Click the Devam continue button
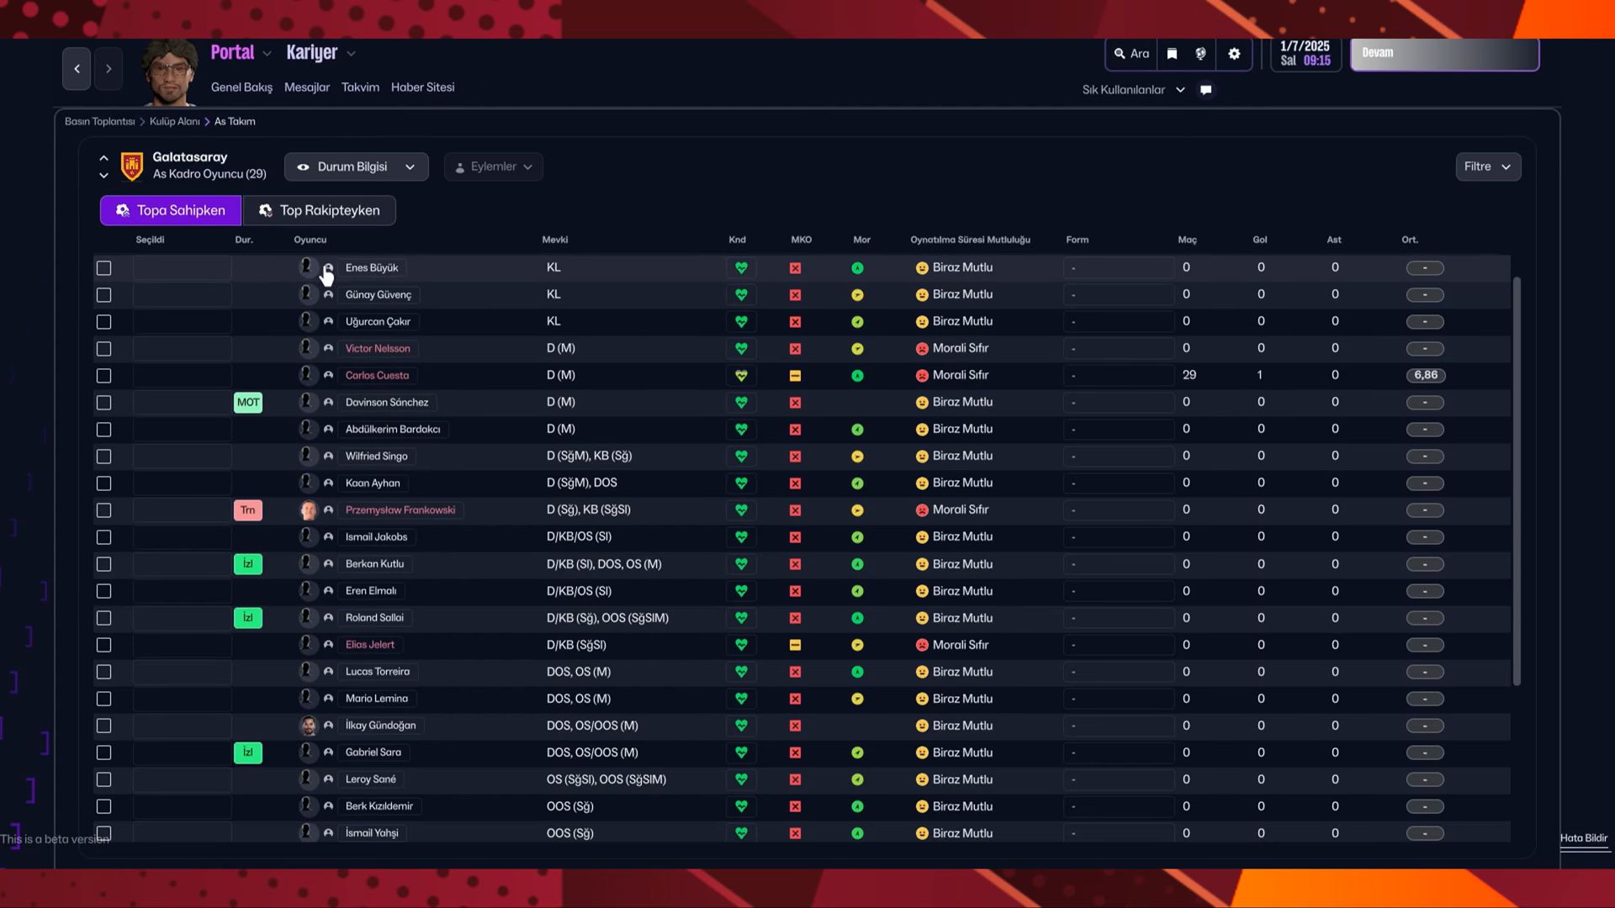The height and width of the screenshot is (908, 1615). tap(1443, 54)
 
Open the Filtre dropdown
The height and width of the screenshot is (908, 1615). tap(1487, 166)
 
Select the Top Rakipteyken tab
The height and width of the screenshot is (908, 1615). tap(320, 210)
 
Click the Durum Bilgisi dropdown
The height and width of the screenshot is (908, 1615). tap(356, 166)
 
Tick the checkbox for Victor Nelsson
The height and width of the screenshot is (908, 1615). tap(103, 349)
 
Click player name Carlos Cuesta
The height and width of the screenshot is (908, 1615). tap(377, 376)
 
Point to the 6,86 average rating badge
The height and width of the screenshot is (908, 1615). tap(1425, 376)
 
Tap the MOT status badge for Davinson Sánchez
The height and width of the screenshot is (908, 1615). tap(247, 403)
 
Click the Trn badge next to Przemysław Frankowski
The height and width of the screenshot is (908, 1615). tap(247, 510)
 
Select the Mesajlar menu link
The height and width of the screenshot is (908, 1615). tap(306, 87)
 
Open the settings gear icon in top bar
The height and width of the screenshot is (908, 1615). tap(1234, 54)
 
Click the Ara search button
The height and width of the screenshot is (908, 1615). tap(1131, 54)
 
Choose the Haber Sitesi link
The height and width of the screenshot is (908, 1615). tap(422, 87)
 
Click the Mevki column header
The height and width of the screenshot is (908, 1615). tap(554, 240)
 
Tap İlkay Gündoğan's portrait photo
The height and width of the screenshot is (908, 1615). tap(308, 726)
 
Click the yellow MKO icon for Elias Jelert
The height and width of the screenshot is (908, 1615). tap(795, 645)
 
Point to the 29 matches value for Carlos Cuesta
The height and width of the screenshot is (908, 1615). tap(1189, 375)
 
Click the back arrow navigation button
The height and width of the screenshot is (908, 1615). tap(77, 69)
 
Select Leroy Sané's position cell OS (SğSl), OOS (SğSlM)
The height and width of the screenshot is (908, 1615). tap(606, 779)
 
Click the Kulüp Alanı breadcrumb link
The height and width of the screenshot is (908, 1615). tap(174, 122)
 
